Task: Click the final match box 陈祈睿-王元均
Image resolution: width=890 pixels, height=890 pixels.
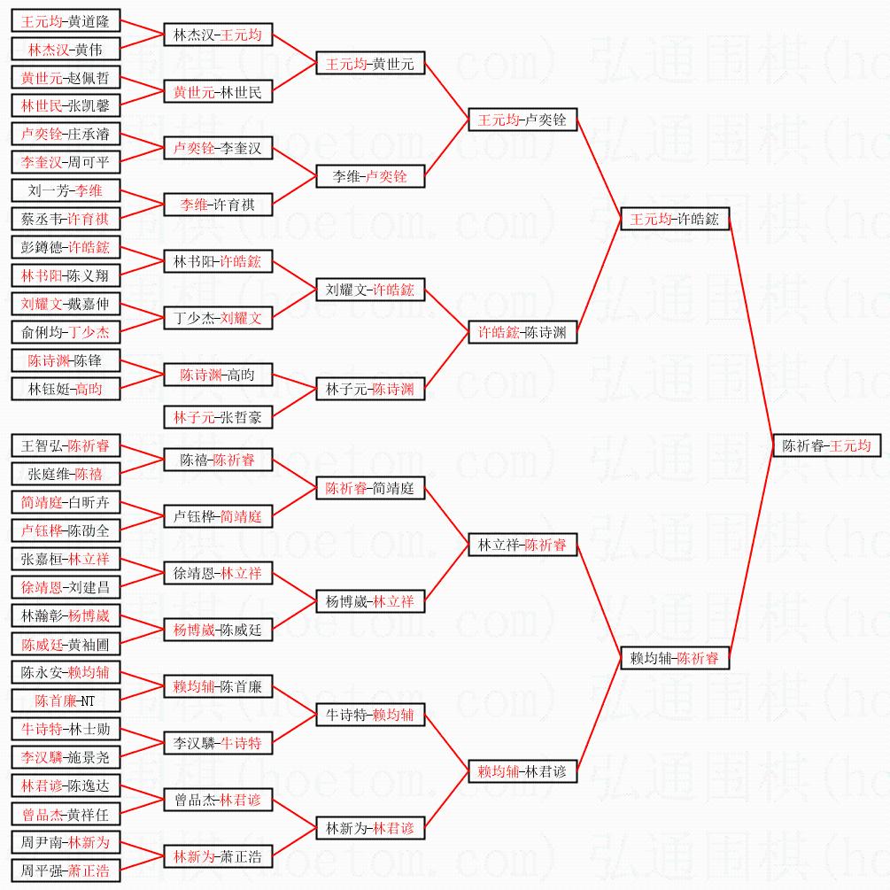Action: pyautogui.click(x=826, y=445)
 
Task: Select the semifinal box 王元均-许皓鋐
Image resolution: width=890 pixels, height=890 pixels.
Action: pyautogui.click(x=675, y=219)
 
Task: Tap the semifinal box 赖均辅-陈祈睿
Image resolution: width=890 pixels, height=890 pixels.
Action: pyautogui.click(x=675, y=658)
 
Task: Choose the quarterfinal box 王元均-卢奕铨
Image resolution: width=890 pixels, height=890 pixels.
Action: pyautogui.click(x=522, y=120)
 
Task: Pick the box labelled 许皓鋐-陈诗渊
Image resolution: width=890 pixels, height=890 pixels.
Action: pyautogui.click(x=522, y=332)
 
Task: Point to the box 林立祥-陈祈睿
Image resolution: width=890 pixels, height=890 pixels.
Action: pyautogui.click(x=522, y=545)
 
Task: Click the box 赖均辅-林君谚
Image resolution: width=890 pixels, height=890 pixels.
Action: pyautogui.click(x=522, y=771)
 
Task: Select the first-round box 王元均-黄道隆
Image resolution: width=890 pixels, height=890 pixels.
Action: pyautogui.click(x=66, y=21)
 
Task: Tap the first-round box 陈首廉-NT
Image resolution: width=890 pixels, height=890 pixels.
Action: pyautogui.click(x=66, y=700)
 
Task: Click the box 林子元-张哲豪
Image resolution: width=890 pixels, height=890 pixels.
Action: pyautogui.click(x=218, y=416)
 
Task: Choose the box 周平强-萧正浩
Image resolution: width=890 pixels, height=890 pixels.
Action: pyautogui.click(x=66, y=871)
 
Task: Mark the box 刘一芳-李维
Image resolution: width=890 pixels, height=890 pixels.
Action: pyautogui.click(x=66, y=190)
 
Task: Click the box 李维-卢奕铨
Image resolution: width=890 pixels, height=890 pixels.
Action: pyautogui.click(x=370, y=176)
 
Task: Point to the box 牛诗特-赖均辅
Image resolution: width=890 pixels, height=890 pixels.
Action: pyautogui.click(x=370, y=715)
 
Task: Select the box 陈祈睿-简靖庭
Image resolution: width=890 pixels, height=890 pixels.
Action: pyautogui.click(x=370, y=488)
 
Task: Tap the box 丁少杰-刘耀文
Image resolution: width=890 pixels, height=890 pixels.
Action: pyautogui.click(x=218, y=318)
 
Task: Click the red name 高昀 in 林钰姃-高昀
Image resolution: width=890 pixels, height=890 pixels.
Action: pyautogui.click(x=89, y=389)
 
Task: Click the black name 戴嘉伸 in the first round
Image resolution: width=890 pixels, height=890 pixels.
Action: pyautogui.click(x=92, y=304)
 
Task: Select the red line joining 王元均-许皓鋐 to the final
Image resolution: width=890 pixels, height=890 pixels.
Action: pyautogui.click(x=751, y=332)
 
